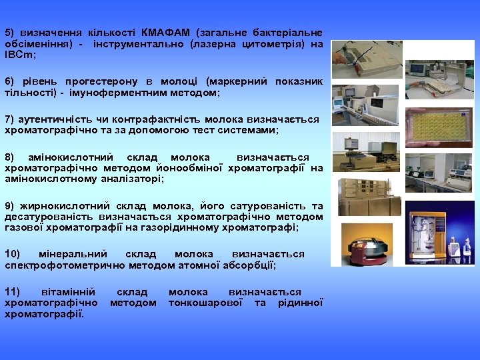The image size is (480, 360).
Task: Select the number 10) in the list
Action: [13, 254]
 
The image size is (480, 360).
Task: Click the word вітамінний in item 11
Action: [67, 292]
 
